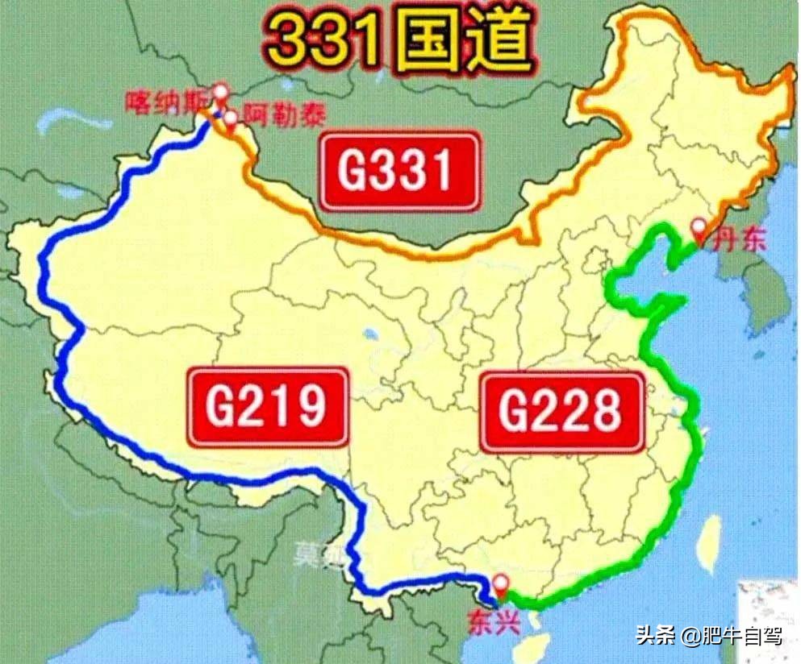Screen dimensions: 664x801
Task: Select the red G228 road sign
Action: click(561, 412)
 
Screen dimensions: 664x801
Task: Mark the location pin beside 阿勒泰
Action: click(231, 120)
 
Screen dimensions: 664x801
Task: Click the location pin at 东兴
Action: click(501, 584)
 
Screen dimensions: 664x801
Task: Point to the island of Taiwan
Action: click(710, 540)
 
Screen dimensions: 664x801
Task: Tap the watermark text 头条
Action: click(654, 637)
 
